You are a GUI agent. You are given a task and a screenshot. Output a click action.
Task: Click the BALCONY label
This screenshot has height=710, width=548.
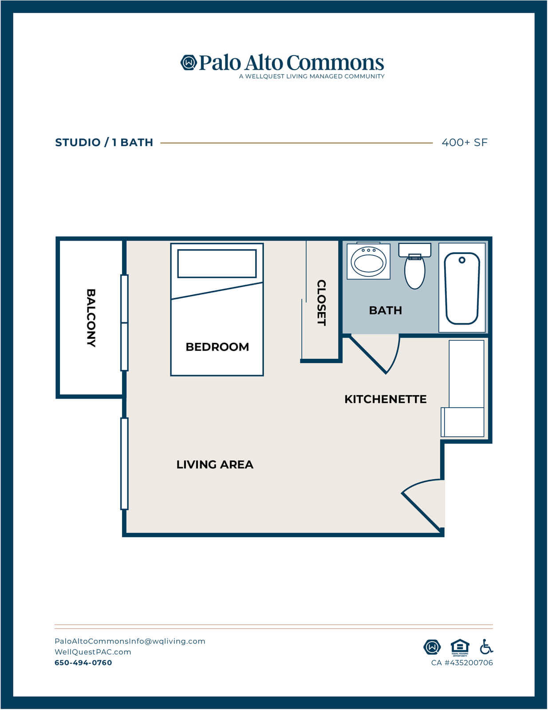(x=91, y=317)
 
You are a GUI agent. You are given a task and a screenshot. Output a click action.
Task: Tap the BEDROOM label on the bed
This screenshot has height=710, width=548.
(x=217, y=347)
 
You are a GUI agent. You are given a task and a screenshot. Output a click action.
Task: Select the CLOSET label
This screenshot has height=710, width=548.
(x=322, y=302)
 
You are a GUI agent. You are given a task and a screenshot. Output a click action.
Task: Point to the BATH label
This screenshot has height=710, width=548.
(x=385, y=310)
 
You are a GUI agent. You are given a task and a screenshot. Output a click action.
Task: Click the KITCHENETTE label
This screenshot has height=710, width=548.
(x=386, y=399)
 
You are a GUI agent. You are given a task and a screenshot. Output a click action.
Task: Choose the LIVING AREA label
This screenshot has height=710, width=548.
(x=215, y=464)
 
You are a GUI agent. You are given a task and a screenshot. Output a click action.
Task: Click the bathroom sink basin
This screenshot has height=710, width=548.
(x=368, y=262)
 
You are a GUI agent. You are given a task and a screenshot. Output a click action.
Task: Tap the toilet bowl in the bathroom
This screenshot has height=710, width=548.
(x=414, y=272)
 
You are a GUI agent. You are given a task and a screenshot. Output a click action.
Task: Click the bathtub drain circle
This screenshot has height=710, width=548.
(x=462, y=260)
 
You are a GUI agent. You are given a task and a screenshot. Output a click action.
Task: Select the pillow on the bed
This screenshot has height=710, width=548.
(x=217, y=264)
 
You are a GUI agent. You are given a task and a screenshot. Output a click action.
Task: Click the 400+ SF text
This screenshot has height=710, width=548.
(x=465, y=143)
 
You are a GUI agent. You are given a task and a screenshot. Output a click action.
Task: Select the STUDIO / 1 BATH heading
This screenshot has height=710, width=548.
(x=104, y=143)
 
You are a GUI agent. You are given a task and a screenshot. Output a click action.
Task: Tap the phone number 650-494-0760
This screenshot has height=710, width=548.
(x=83, y=662)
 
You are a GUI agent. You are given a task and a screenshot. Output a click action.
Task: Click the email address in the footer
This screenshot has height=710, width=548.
(x=130, y=641)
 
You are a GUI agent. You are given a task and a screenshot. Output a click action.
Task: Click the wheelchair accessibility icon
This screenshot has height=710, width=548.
(x=486, y=647)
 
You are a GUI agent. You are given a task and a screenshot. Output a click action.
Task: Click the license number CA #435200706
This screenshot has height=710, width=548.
(x=462, y=662)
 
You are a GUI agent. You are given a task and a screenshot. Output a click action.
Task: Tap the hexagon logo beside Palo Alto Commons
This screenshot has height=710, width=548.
(x=189, y=62)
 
